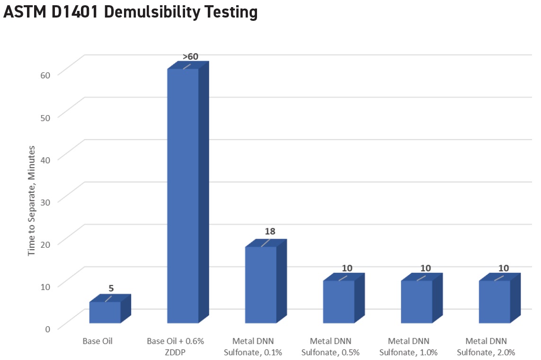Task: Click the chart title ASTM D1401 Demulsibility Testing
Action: (x=130, y=12)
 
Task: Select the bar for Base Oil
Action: (x=105, y=313)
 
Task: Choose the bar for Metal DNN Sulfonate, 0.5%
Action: (x=338, y=302)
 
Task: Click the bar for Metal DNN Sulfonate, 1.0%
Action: (x=417, y=302)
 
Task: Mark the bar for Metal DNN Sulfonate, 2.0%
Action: (x=495, y=302)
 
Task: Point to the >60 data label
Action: (x=190, y=57)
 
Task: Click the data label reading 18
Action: (x=270, y=232)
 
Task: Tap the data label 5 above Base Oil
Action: (x=111, y=288)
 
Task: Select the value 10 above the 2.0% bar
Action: (x=504, y=268)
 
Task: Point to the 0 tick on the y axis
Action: (x=47, y=328)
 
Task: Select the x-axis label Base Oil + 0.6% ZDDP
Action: (x=176, y=346)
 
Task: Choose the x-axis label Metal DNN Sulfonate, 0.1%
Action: (x=253, y=346)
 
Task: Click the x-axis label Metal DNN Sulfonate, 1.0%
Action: (x=409, y=346)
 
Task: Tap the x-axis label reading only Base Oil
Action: (x=98, y=341)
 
